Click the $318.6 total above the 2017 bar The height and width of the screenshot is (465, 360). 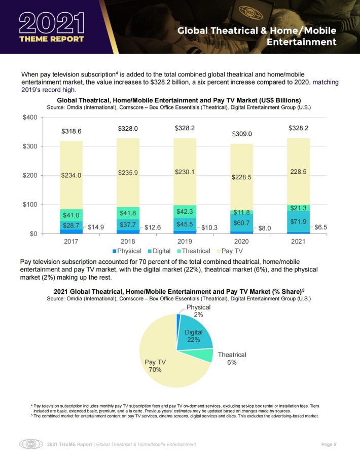tap(71, 131)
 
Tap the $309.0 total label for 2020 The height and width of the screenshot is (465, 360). tap(242, 134)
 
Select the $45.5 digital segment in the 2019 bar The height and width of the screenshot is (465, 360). tap(185, 224)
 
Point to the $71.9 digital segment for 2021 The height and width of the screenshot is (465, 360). tap(298, 221)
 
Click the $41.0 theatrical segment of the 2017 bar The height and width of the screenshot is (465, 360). tap(71, 215)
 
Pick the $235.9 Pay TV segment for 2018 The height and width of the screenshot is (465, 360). tap(128, 173)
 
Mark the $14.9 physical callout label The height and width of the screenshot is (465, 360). tap(96, 227)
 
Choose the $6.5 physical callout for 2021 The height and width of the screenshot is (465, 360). tap(320, 227)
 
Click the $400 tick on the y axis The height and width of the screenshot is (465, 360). tap(30, 118)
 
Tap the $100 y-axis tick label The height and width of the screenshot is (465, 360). tap(30, 205)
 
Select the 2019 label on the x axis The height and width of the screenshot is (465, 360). tap(185, 242)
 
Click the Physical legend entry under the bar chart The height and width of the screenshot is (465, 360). tap(127, 251)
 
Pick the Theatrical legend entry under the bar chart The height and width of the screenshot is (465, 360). tap(194, 251)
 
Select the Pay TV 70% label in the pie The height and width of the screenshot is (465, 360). tap(155, 366)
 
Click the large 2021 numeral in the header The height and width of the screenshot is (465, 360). tap(52, 23)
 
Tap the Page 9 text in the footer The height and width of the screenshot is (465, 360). tap(329, 444)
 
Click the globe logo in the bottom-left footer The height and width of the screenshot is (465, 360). tap(31, 444)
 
